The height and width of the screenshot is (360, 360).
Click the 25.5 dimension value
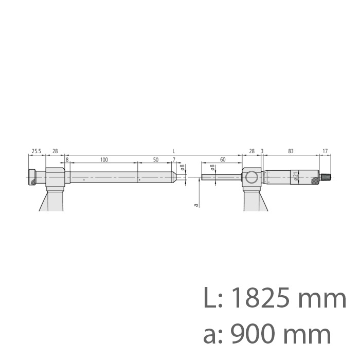tap(36, 152)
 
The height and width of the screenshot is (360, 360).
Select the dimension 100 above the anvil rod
tap(104, 160)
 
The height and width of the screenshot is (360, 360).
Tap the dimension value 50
tap(156, 160)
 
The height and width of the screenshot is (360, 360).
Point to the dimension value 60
tap(222, 160)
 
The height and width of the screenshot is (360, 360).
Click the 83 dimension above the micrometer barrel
tap(291, 152)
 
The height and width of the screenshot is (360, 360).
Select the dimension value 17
tap(325, 152)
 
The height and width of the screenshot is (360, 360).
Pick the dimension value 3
tap(262, 152)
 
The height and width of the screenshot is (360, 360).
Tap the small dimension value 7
tap(174, 160)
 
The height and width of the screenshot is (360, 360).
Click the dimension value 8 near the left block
tap(67, 160)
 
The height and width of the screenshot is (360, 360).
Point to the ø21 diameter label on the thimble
tap(297, 175)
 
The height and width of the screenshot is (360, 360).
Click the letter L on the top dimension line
tap(174, 151)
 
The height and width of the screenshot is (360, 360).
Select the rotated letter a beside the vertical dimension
tap(195, 205)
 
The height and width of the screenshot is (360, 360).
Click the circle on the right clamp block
tap(251, 178)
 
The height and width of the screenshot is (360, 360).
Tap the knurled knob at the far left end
tap(32, 177)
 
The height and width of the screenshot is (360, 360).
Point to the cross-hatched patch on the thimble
tap(313, 181)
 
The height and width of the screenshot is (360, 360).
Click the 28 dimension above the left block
tap(55, 152)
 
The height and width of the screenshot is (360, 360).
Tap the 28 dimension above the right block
tap(251, 152)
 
